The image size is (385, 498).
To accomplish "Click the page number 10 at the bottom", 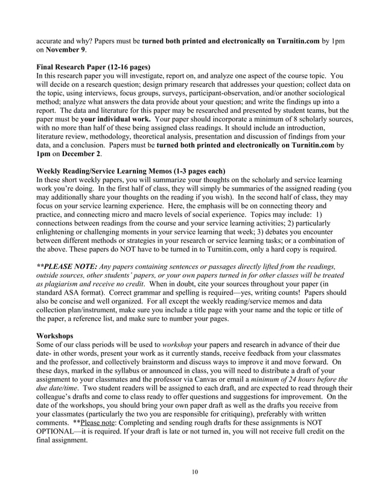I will coord(193,471).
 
